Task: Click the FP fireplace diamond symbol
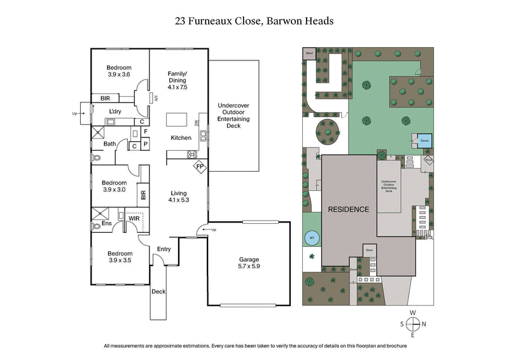pos(199,167)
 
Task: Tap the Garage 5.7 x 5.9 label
pos(249,263)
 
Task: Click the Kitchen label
pos(181,137)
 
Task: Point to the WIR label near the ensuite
pos(134,218)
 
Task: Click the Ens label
pos(107,224)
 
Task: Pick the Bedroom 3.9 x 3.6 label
pos(118,71)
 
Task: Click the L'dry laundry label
pos(115,112)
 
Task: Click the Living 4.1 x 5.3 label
pos(179,196)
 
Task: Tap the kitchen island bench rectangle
pos(178,120)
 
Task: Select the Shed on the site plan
pos(309,53)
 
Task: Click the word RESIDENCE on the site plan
pos(348,209)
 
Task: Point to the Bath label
pos(109,144)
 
